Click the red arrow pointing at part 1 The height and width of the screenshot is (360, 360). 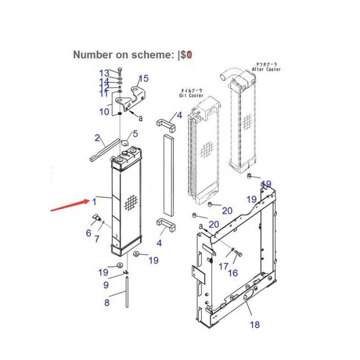pos(69,206)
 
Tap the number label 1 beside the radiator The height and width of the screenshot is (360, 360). pos(95,201)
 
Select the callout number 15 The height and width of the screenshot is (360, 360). pos(143,78)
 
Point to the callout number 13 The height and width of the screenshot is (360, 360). pos(104,73)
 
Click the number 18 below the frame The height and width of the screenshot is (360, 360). pos(255,324)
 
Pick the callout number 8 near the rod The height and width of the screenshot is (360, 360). pos(107,302)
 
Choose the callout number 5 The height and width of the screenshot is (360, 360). pos(135,134)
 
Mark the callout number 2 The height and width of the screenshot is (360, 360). pos(97,137)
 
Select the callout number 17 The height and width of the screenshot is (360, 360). pos(223,266)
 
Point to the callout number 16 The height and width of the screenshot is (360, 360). pos(233,273)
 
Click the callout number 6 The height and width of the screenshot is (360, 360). pos(88,233)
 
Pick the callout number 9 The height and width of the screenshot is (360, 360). pos(105,284)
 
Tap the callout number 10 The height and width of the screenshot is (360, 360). pos(104,111)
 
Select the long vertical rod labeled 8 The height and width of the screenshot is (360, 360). pos(126,293)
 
